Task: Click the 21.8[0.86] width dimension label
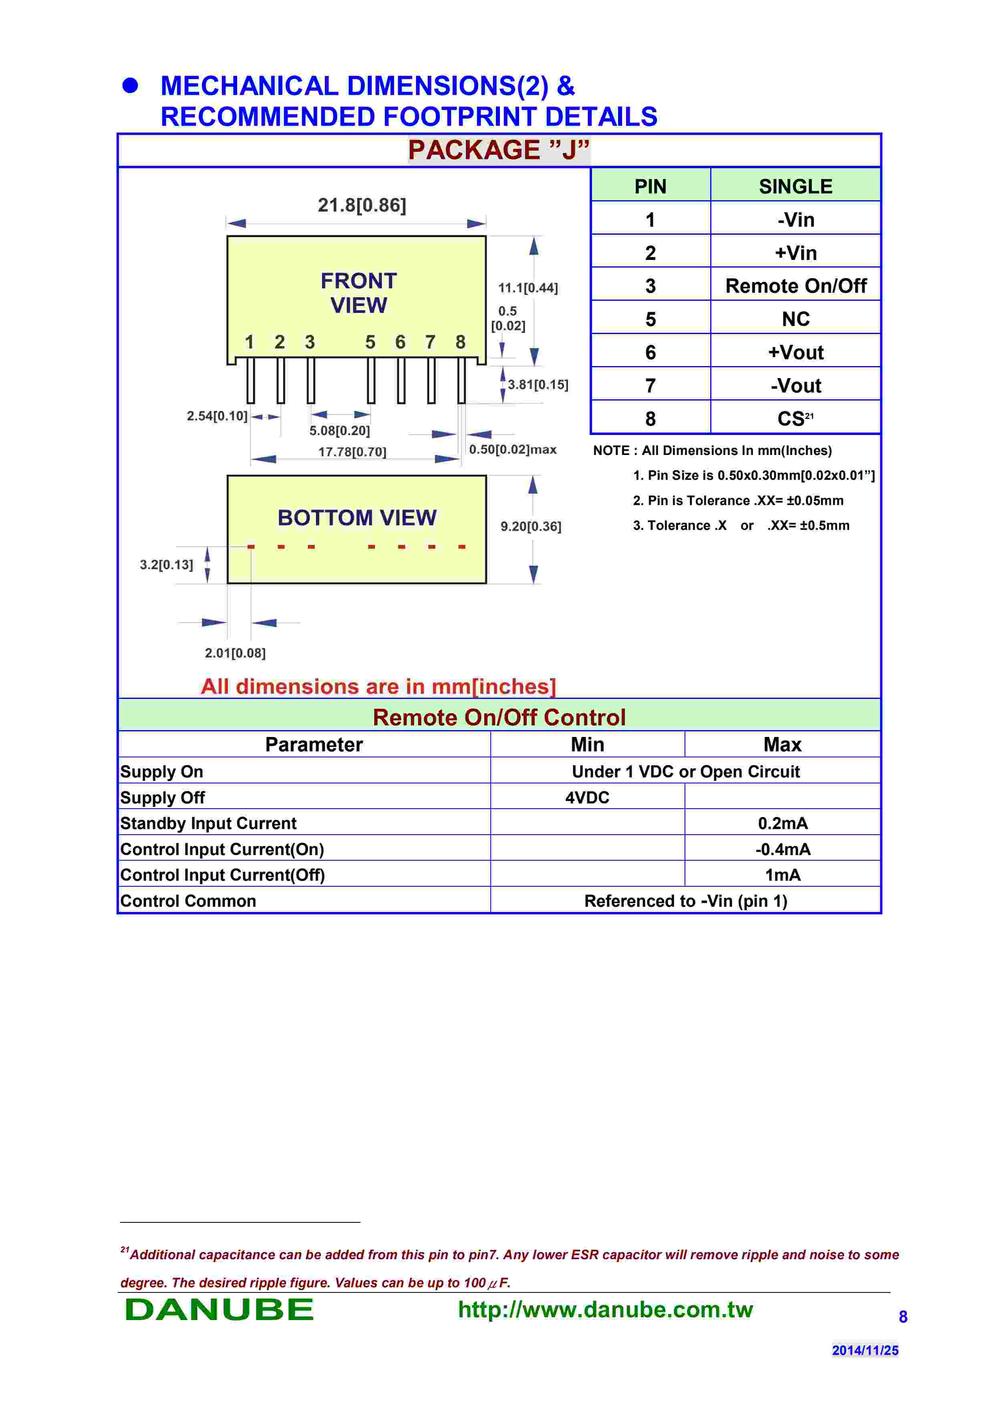click(362, 205)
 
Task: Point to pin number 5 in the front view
click(370, 342)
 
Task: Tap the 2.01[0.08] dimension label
click(235, 653)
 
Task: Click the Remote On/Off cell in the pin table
click(796, 286)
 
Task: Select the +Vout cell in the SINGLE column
click(796, 352)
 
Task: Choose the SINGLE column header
click(796, 186)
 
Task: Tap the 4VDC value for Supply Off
click(587, 797)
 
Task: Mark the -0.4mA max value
click(783, 849)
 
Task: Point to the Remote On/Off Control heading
click(499, 717)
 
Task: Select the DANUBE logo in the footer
click(219, 1310)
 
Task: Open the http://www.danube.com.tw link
click(605, 1310)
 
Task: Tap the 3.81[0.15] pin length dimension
click(538, 385)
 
